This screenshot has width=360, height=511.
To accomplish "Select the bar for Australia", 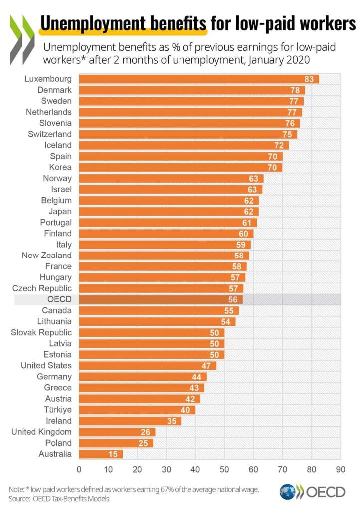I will pos(100,454).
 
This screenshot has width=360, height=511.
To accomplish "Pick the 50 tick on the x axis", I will pos(224,469).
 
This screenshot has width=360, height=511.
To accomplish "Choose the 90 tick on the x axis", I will pos(341,469).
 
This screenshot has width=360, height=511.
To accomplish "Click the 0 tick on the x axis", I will pos(79,469).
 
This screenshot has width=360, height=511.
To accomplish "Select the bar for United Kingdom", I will pos(117,432).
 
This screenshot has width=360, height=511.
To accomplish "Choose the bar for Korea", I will pos(180,167).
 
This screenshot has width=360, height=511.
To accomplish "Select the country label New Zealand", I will pos(46,255).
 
